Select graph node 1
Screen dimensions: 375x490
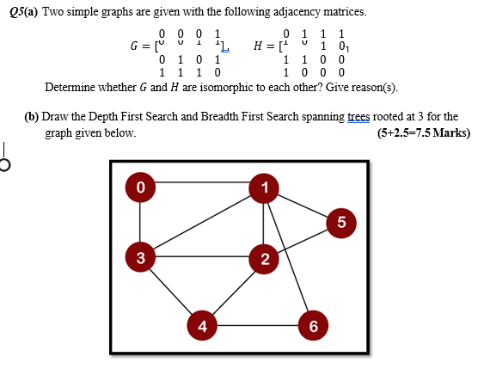(265, 187)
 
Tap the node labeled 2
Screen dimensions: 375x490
(265, 259)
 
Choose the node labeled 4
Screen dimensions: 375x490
(202, 325)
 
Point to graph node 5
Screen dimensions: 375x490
(341, 223)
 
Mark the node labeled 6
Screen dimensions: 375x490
(313, 325)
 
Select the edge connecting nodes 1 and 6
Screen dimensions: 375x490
(289, 255)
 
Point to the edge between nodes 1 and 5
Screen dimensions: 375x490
(303, 204)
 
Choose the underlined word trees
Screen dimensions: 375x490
(361, 116)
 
